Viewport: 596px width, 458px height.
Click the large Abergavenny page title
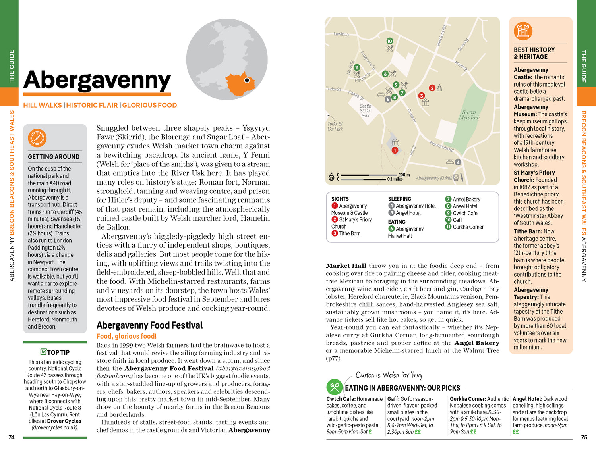(x=97, y=80)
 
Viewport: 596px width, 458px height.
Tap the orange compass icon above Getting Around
(x=37, y=138)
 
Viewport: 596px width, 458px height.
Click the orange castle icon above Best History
(x=523, y=31)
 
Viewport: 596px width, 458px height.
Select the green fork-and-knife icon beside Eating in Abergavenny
(x=335, y=387)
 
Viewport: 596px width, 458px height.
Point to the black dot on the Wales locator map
(x=247, y=80)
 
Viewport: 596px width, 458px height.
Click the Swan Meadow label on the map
(x=469, y=115)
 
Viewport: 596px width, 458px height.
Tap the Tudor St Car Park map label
(x=335, y=126)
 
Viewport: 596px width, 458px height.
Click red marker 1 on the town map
(x=395, y=150)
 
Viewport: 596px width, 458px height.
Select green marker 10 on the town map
(x=389, y=41)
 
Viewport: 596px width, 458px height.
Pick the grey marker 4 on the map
(x=458, y=162)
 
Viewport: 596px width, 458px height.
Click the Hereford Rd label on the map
(x=442, y=36)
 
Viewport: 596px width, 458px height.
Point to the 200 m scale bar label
(x=404, y=175)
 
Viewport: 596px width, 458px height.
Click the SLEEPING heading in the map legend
(x=399, y=199)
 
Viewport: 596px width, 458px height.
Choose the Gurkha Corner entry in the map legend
(x=468, y=227)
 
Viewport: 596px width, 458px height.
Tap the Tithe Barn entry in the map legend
(x=350, y=233)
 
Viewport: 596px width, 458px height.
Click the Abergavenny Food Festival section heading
(x=149, y=325)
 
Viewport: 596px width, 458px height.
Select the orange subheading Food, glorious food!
(x=126, y=336)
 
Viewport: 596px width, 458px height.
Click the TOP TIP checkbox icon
(x=43, y=352)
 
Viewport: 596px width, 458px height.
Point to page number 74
(x=12, y=437)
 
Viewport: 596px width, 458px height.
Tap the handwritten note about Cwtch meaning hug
(x=389, y=375)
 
